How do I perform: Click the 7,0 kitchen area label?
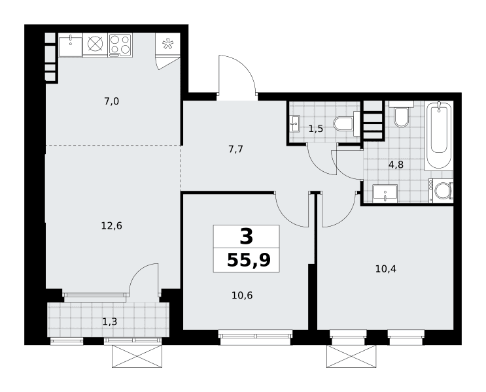click(112, 101)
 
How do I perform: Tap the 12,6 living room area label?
click(112, 226)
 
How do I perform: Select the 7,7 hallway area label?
click(235, 150)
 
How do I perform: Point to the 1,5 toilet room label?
click(316, 129)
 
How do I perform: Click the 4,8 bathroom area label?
click(396, 165)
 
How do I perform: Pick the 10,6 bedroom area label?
click(242, 296)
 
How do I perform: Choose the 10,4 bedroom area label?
click(385, 269)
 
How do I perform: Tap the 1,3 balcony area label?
click(110, 322)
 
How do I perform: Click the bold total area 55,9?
click(249, 260)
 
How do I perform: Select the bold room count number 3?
click(247, 237)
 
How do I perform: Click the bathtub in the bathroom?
click(438, 135)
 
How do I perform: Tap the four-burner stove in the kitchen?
click(120, 45)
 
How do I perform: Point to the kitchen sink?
click(71, 45)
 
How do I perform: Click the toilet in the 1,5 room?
click(345, 124)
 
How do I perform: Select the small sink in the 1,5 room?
click(294, 124)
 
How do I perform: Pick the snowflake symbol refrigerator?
click(167, 44)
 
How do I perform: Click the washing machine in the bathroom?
click(441, 191)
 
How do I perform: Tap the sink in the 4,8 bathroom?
click(385, 193)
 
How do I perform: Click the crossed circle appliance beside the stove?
click(95, 44)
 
